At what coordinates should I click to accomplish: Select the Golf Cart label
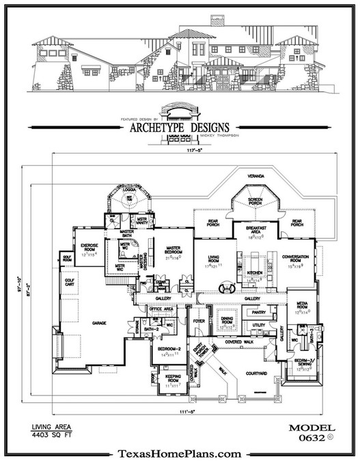click(x=69, y=282)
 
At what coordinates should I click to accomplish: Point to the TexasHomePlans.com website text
click(x=179, y=454)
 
